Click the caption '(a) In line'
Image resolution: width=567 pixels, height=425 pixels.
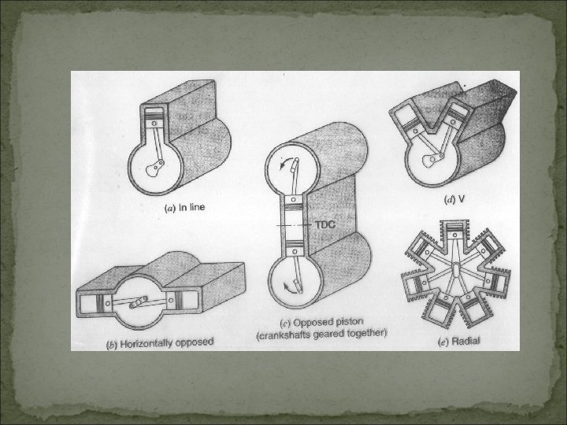(x=184, y=208)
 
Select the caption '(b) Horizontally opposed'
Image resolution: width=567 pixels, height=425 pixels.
(x=160, y=343)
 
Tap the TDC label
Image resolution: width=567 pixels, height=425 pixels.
(x=325, y=224)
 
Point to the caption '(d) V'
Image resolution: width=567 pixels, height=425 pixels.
(x=454, y=199)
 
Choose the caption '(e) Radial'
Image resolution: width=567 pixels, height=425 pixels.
(x=459, y=341)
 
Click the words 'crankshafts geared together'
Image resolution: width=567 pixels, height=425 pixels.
(x=321, y=334)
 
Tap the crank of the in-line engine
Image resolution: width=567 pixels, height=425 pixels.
(x=155, y=168)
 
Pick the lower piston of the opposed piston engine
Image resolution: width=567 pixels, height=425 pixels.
(x=295, y=248)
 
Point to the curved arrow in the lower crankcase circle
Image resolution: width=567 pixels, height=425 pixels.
(x=289, y=286)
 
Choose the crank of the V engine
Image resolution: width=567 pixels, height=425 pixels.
(x=433, y=159)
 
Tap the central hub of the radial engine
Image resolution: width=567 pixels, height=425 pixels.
(x=455, y=270)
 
